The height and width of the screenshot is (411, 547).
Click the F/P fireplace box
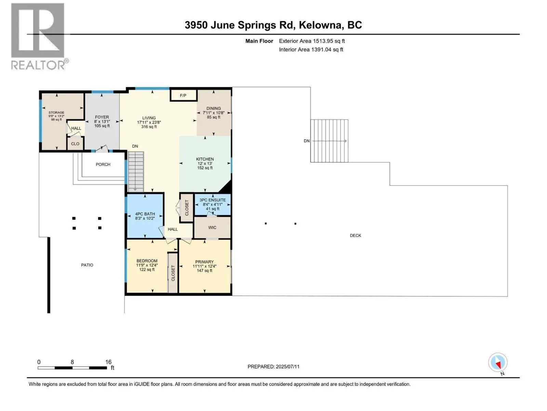click(184, 96)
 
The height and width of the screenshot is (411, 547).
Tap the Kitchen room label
click(205, 159)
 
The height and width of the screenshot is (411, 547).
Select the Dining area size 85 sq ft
click(214, 117)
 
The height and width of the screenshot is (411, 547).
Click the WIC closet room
click(212, 227)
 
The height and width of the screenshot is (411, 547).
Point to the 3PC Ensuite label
click(212, 200)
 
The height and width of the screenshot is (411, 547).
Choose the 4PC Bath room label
click(145, 214)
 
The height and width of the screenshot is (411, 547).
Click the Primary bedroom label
click(204, 262)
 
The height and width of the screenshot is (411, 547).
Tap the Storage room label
click(56, 113)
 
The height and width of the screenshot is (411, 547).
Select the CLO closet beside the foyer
click(75, 144)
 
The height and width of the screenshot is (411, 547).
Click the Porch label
click(103, 164)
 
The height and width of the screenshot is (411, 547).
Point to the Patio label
click(87, 265)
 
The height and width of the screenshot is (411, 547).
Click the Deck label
click(356, 236)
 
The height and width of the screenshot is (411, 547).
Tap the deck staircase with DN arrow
click(329, 141)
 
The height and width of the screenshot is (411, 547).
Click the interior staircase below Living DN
click(136, 171)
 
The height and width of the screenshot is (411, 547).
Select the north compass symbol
click(498, 363)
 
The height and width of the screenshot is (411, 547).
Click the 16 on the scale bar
click(108, 362)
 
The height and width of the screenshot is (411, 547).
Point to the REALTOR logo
click(38, 36)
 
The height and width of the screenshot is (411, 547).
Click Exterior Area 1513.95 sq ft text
click(312, 41)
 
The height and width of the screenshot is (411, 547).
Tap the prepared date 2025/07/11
click(287, 366)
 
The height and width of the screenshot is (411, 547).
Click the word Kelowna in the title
click(321, 25)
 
